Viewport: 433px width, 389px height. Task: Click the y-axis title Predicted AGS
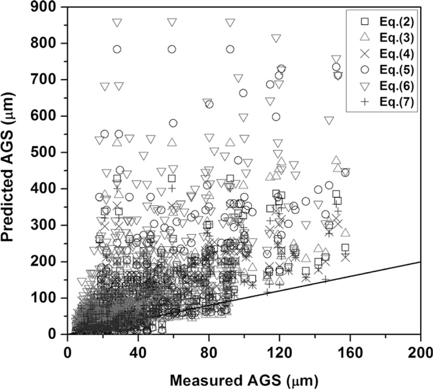click(14, 170)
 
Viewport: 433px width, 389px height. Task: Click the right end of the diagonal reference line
click(420, 262)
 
